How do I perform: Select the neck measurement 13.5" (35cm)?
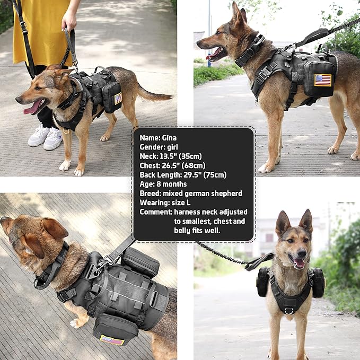click(186, 156)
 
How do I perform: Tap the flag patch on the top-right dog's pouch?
click(322, 80)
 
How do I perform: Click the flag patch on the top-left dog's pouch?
click(118, 98)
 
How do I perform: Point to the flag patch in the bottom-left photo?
click(112, 339)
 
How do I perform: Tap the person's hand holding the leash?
click(69, 21)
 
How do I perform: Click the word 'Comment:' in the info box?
click(156, 212)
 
